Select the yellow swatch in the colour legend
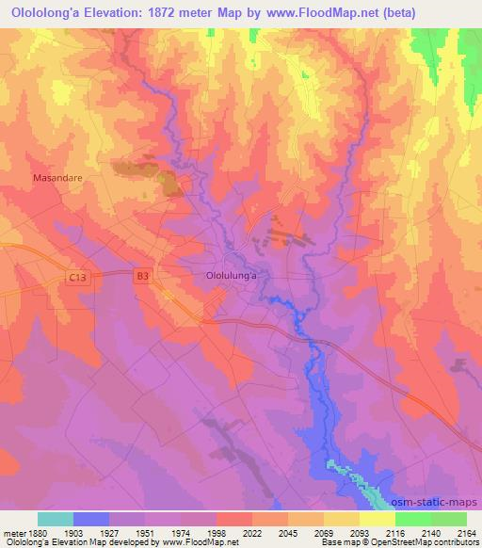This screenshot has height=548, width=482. tap(376, 519)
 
